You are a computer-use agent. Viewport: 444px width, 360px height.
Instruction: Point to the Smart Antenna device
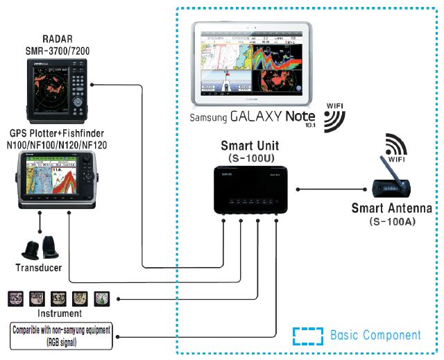391,187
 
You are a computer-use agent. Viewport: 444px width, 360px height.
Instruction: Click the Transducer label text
38,267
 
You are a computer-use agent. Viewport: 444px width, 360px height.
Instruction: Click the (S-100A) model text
392,221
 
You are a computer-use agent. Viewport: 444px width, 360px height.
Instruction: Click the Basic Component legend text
375,335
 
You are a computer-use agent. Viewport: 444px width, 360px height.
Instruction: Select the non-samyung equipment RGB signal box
62,335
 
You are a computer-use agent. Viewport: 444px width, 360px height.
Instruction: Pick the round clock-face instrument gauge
101,299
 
